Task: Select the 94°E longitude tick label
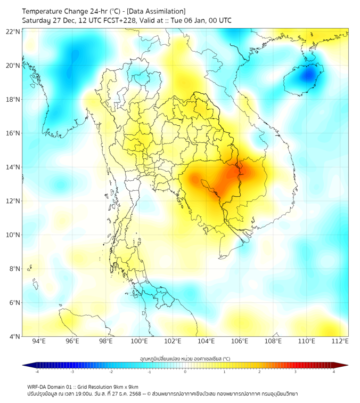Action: [39, 341]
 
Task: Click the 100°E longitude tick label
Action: [139, 341]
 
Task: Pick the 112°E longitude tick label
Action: [340, 341]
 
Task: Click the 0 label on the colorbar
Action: [185, 372]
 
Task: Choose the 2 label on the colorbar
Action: [259, 372]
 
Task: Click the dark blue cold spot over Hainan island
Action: [308, 75]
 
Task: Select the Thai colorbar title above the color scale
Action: [185, 358]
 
